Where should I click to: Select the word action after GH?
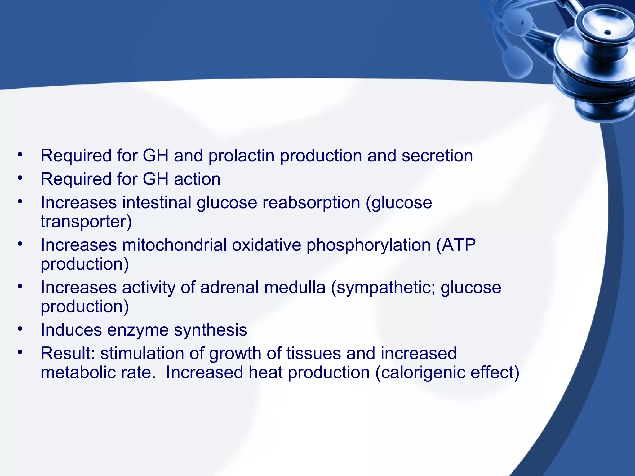coord(197,179)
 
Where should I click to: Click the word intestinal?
coord(157,203)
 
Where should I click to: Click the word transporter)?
coord(86,222)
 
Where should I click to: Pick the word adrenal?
coord(229,288)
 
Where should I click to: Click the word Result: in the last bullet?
coord(68,354)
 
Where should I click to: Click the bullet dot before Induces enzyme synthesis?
coord(20,328)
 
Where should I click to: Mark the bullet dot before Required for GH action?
coord(20,178)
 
